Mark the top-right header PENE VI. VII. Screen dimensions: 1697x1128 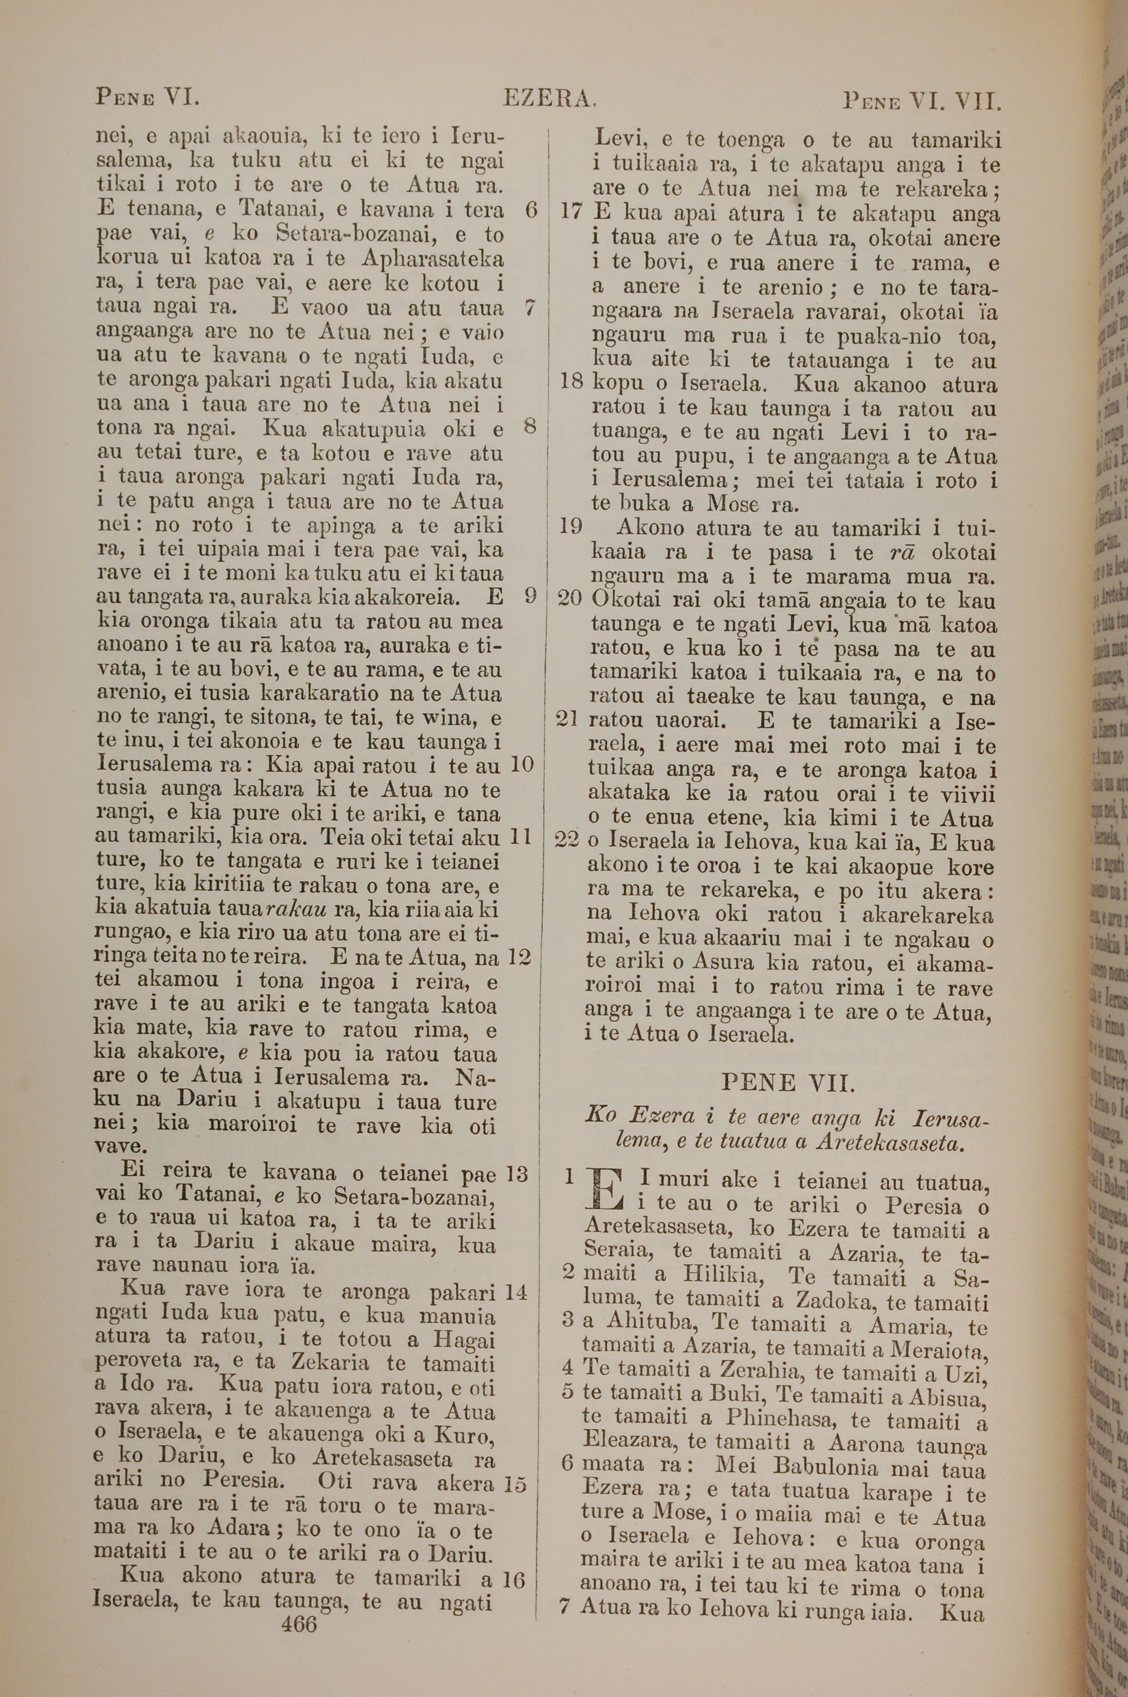922,101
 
